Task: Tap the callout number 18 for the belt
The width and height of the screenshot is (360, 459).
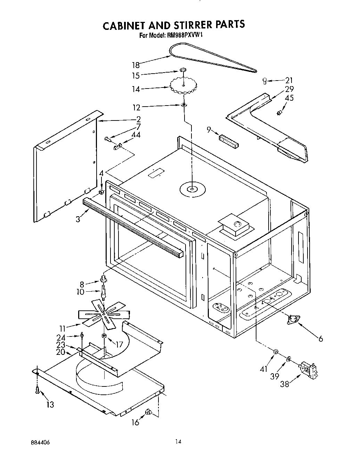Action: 135,65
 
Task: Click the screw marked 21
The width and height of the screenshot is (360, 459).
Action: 265,81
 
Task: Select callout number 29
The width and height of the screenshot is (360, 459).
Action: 289,89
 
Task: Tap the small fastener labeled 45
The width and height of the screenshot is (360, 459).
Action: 279,112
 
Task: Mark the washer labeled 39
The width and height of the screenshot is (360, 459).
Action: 289,358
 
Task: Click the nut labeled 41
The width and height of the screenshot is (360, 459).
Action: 276,352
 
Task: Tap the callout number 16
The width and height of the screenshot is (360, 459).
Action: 135,422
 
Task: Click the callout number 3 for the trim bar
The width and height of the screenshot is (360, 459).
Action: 79,219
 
